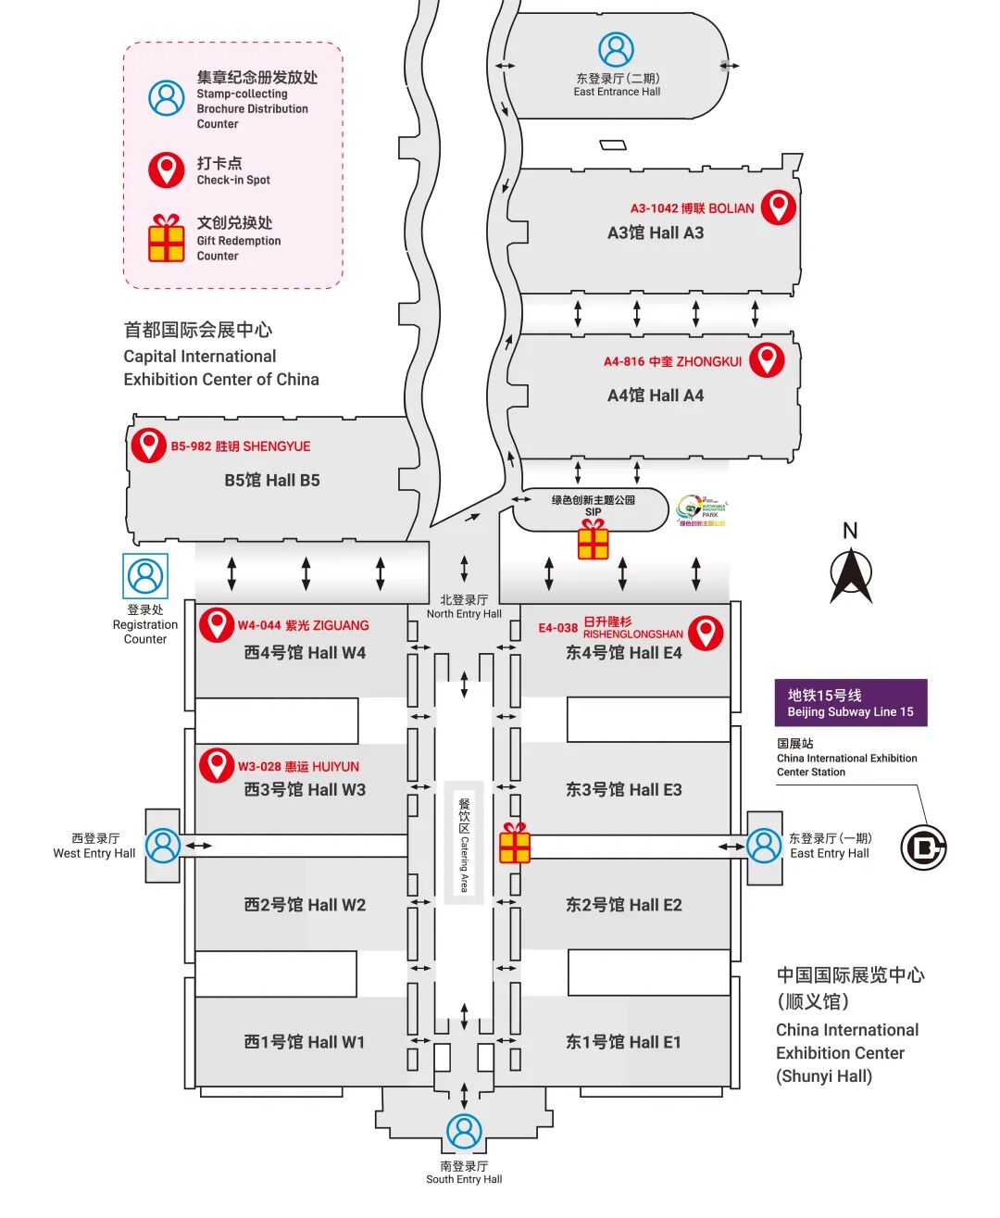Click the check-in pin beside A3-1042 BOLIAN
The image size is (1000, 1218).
[x=778, y=207]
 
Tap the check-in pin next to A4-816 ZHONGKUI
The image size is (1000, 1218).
[x=766, y=358]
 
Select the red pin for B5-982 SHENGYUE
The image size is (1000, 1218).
[x=148, y=445]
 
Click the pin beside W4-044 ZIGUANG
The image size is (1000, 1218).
[x=217, y=624]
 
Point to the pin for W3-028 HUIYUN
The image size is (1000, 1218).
[x=217, y=765]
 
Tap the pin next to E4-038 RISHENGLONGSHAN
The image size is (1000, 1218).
[x=706, y=632]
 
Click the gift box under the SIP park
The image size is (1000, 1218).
[x=593, y=540]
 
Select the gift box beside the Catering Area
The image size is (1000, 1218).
[x=515, y=844]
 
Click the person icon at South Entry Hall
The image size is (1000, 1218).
[x=464, y=1131]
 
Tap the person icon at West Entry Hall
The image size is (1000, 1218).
[x=163, y=846]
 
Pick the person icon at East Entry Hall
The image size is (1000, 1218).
[x=764, y=846]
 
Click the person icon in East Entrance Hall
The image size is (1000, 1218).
[x=616, y=50]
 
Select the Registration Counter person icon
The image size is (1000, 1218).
[x=145, y=576]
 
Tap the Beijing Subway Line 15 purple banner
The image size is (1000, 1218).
[x=850, y=703]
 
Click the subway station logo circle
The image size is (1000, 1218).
[x=923, y=847]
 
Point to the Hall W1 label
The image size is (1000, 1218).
[x=305, y=1042]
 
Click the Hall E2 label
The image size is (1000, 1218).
[x=623, y=905]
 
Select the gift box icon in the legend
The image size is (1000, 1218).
[x=167, y=239]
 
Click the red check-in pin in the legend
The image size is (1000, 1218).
[x=167, y=170]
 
